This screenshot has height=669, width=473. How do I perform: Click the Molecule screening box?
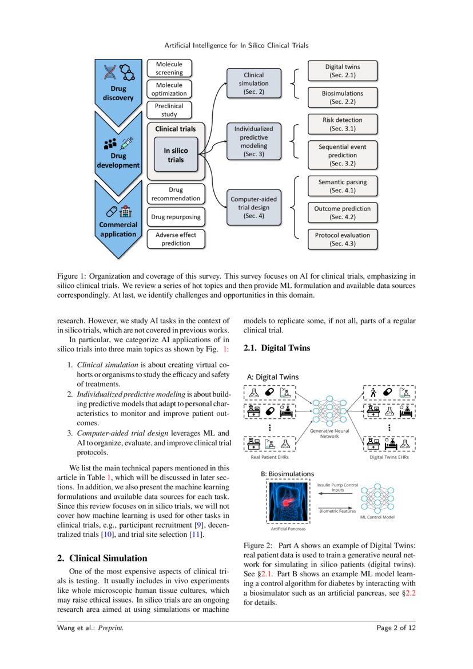[x=169, y=68]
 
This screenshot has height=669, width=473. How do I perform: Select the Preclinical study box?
[x=169, y=110]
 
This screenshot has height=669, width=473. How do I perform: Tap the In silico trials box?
[x=176, y=155]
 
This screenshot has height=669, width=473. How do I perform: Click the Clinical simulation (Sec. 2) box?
[x=254, y=83]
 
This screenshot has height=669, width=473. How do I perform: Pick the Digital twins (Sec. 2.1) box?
[x=343, y=71]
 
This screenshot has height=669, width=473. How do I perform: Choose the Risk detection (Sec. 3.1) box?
[x=343, y=124]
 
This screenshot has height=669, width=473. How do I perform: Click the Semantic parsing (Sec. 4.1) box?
[x=343, y=186]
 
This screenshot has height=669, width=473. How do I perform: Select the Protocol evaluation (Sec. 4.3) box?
[x=343, y=239]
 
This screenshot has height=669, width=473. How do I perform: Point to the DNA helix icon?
[x=110, y=72]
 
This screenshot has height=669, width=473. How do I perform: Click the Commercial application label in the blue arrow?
[x=118, y=229]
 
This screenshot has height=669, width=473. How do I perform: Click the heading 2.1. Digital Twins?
[x=277, y=347]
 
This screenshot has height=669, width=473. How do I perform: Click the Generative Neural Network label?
[x=329, y=433]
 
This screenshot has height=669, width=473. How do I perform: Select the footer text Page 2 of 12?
[x=396, y=628]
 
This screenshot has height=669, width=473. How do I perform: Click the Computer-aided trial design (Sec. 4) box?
[x=254, y=208]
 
